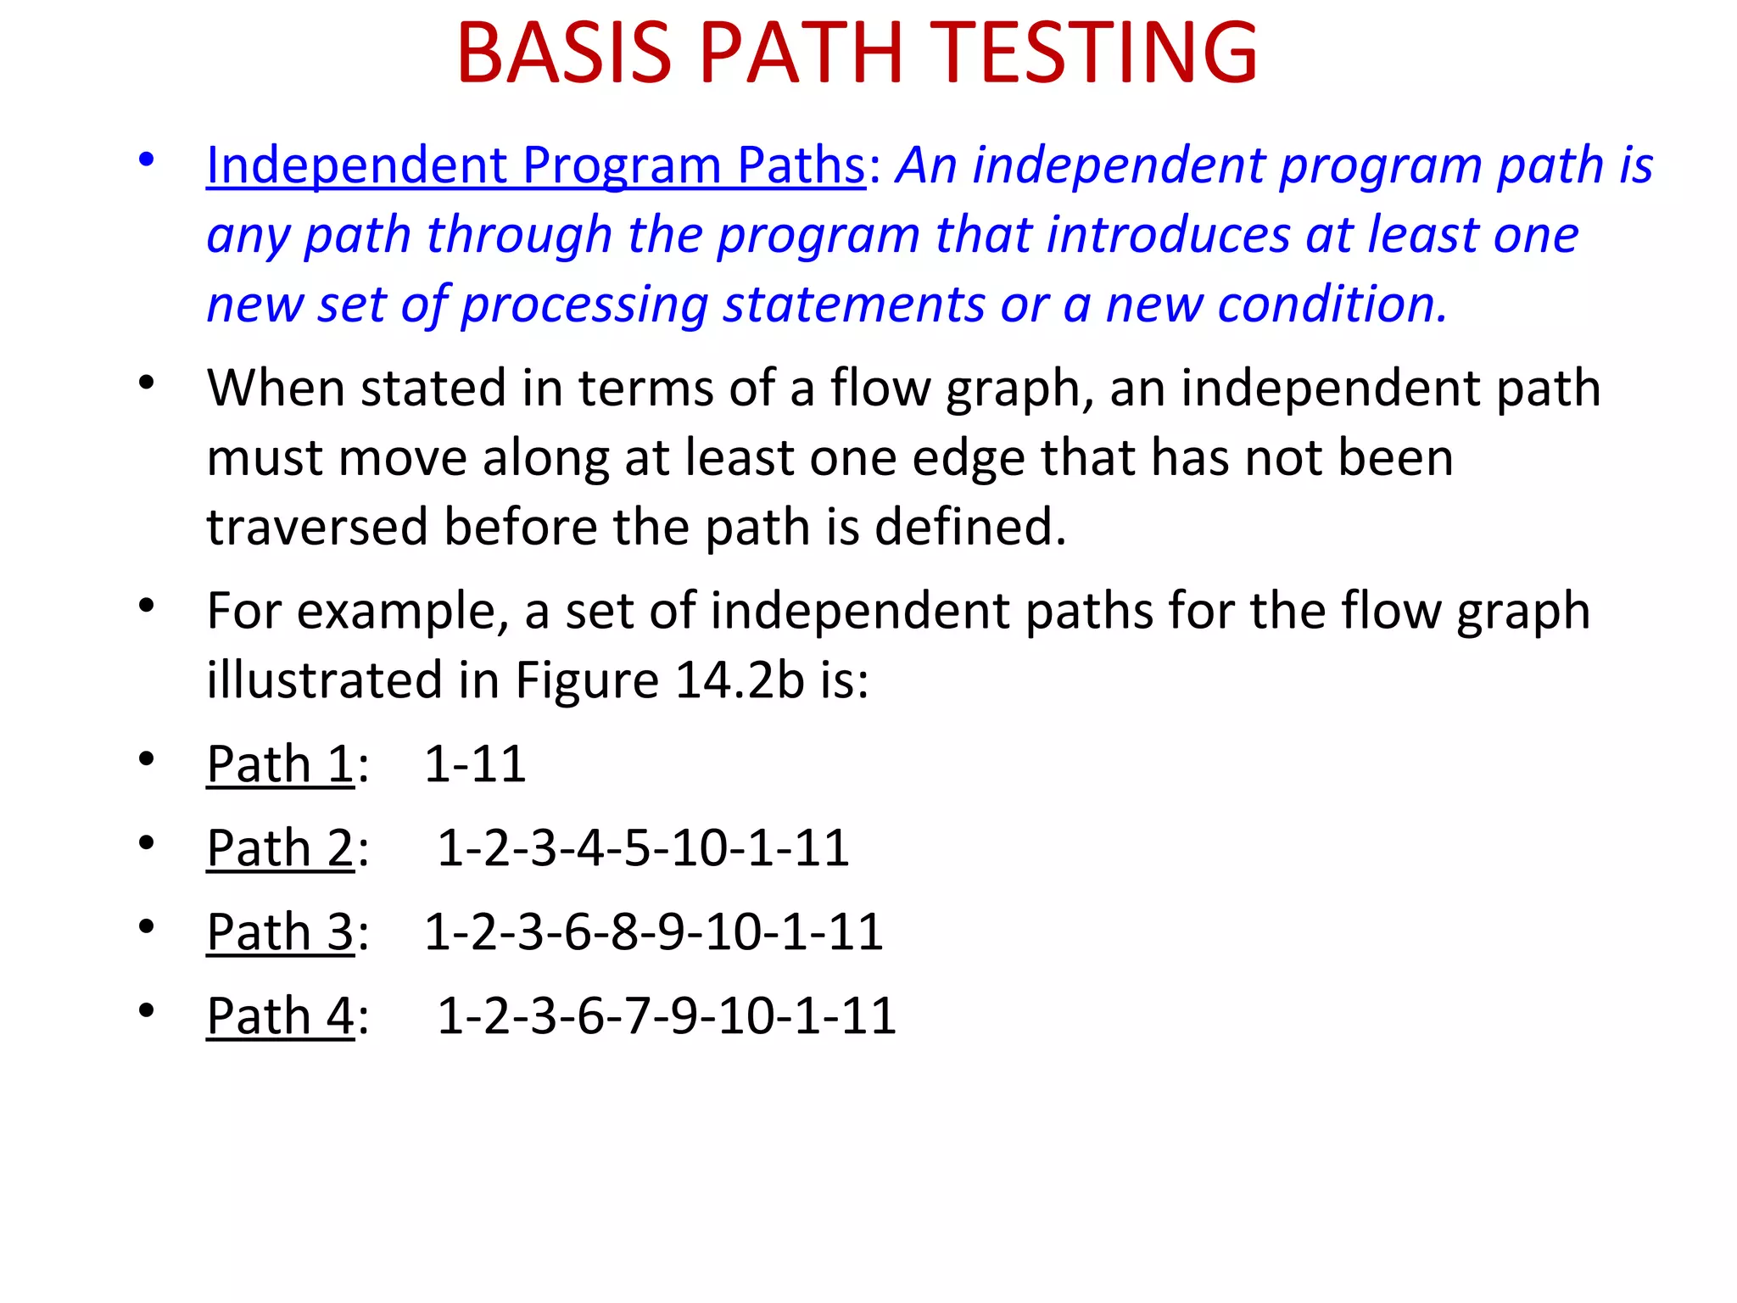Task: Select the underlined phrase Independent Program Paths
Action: tap(535, 165)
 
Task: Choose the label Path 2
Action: tap(280, 847)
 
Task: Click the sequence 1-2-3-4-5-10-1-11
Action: tap(643, 847)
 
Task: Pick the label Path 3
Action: tap(280, 931)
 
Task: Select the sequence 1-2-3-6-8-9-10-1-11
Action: tap(653, 931)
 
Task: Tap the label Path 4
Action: tap(280, 1015)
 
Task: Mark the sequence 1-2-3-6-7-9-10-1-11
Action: tap(667, 1015)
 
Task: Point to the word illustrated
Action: tap(325, 680)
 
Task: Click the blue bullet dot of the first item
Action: tap(147, 159)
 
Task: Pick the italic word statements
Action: tap(852, 305)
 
